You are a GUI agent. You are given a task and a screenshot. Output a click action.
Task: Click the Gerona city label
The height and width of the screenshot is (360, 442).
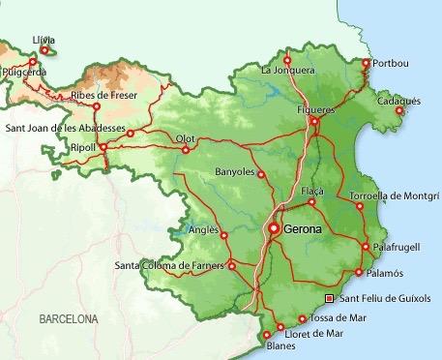coord(304,229)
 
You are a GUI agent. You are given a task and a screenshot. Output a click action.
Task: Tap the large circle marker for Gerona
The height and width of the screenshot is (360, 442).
coord(274,228)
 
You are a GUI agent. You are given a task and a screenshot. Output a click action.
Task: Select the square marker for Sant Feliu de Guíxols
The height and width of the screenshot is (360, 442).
coord(329,298)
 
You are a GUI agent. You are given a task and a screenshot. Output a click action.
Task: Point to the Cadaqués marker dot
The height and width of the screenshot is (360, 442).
coord(398,110)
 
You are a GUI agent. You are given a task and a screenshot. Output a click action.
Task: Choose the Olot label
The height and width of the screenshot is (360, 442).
coord(186,138)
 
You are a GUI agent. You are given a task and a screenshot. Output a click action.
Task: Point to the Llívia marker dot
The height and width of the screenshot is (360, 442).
coord(44,49)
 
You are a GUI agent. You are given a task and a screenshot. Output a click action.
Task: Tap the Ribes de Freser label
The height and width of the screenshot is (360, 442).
coord(103,96)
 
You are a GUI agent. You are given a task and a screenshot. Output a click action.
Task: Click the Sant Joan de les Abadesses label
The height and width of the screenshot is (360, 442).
coord(66,128)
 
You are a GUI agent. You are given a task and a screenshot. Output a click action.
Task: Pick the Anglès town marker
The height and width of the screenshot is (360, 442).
coord(224,234)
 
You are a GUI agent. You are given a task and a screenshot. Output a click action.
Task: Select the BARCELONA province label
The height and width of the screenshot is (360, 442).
coord(69,318)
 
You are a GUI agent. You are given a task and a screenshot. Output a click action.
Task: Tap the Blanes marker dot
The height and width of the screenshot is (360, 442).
coord(267,335)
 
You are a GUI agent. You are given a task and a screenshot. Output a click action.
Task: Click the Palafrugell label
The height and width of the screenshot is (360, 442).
coord(397,247)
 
